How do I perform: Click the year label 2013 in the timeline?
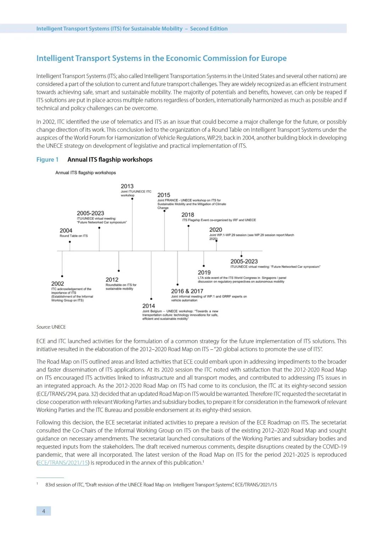click(127, 186)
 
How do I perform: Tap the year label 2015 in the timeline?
click(163, 195)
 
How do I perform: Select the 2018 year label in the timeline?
click(188, 215)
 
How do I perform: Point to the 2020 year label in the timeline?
click(216, 230)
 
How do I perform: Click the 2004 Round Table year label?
click(66, 230)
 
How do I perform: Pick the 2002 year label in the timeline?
click(57, 283)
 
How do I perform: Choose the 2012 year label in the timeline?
click(112, 280)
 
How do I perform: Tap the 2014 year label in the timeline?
click(149, 306)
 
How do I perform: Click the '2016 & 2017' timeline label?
click(187, 291)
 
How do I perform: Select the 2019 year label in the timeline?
click(204, 272)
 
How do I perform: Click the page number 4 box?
click(44, 511)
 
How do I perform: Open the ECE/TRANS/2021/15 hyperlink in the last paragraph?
click(63, 463)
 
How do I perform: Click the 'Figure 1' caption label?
click(47, 159)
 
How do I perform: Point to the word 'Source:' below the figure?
click(43, 327)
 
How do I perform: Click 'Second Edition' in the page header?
click(209, 29)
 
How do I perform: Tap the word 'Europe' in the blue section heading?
click(273, 58)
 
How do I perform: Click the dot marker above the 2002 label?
click(62, 276)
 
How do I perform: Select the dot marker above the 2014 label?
click(151, 299)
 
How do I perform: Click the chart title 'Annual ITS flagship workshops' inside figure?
click(85, 173)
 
